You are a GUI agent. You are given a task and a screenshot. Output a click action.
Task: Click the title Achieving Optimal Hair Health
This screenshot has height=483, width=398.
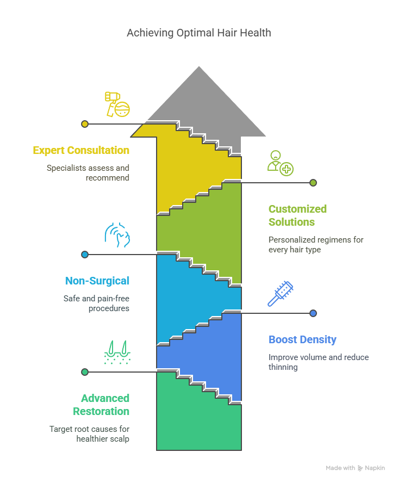199,33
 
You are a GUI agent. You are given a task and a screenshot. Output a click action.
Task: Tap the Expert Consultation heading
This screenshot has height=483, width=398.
81,150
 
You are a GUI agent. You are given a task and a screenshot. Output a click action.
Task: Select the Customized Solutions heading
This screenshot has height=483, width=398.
297,215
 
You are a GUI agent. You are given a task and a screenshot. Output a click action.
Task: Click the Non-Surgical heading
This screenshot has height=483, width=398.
97,281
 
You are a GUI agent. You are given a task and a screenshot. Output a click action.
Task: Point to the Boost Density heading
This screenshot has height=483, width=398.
302,339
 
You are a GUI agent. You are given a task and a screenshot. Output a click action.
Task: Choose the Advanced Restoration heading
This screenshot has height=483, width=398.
101,405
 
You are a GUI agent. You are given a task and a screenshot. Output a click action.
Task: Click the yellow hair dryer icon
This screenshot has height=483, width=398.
117,104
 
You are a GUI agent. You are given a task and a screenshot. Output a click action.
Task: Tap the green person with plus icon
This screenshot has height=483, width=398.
280,163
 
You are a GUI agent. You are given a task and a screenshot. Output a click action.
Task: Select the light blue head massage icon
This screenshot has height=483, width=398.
117,235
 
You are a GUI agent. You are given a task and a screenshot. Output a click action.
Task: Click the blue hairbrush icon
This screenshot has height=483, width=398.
280,294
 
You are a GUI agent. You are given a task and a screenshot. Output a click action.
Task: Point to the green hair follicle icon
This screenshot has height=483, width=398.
117,352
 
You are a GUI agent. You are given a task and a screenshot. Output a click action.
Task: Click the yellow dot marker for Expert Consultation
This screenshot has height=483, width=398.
85,124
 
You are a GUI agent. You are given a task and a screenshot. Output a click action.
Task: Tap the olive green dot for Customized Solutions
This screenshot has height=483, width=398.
313,183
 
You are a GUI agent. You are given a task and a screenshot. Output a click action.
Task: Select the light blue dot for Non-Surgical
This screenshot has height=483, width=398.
85,255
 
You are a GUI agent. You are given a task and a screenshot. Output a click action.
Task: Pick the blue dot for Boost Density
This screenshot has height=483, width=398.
313,313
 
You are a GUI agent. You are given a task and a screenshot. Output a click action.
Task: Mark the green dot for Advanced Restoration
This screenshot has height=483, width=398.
85,372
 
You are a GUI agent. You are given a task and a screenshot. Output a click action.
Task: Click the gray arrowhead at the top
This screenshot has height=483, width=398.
199,102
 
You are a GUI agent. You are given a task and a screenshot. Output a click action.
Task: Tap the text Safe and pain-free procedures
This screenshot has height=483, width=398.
96,304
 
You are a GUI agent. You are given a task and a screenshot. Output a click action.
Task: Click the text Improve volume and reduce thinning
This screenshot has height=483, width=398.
319,362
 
